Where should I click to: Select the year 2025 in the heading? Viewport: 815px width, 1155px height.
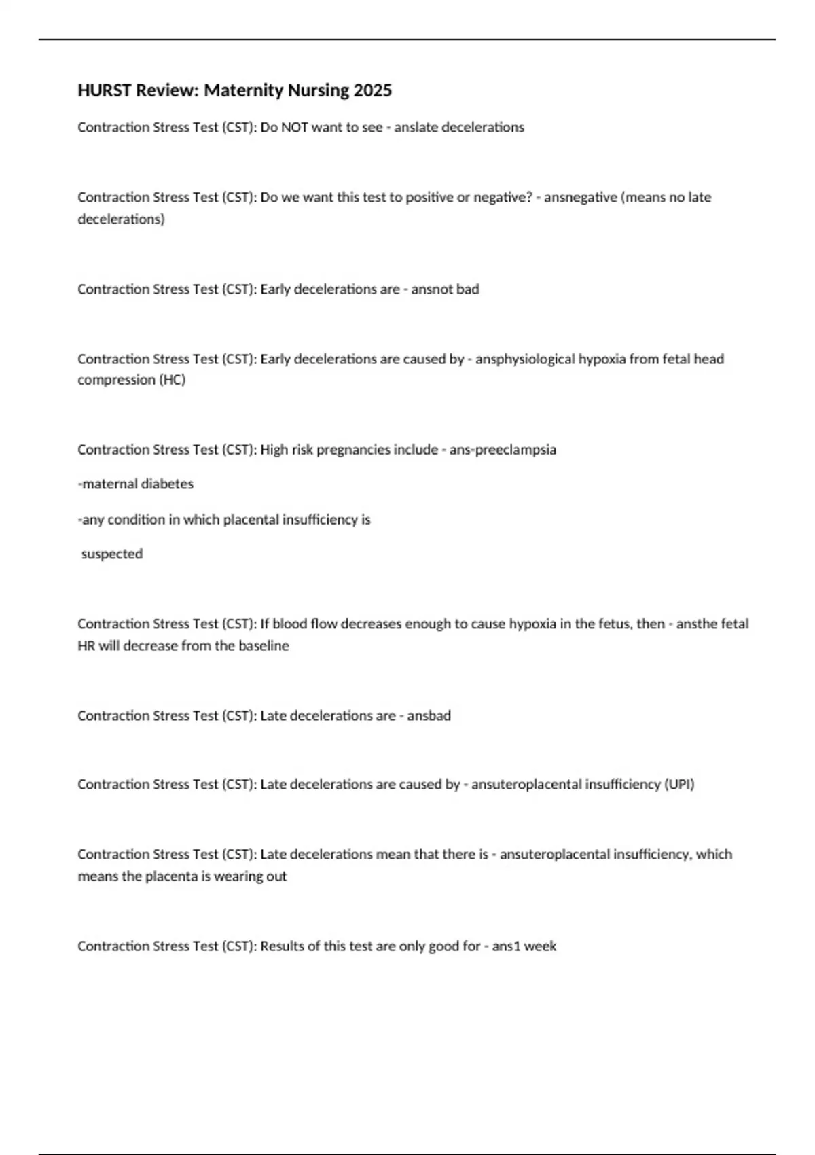[372, 90]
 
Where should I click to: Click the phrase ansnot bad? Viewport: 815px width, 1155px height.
[445, 289]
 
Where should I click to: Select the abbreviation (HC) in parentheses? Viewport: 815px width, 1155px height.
[172, 380]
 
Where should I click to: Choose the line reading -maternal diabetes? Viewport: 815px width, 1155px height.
[136, 484]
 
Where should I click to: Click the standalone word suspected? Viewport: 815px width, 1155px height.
[112, 554]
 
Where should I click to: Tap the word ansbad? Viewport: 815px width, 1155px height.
[429, 715]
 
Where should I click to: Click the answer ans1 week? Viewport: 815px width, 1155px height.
[524, 946]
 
